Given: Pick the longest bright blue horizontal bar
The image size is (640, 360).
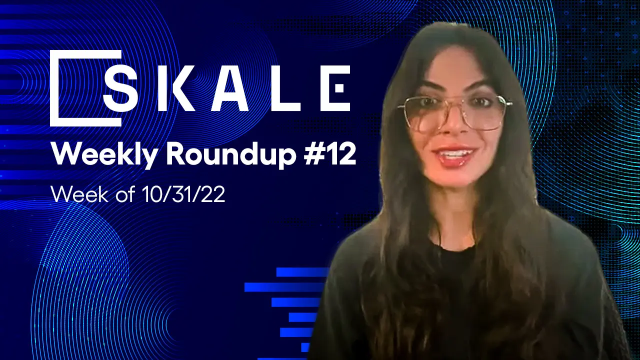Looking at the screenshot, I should pos(285,287).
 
